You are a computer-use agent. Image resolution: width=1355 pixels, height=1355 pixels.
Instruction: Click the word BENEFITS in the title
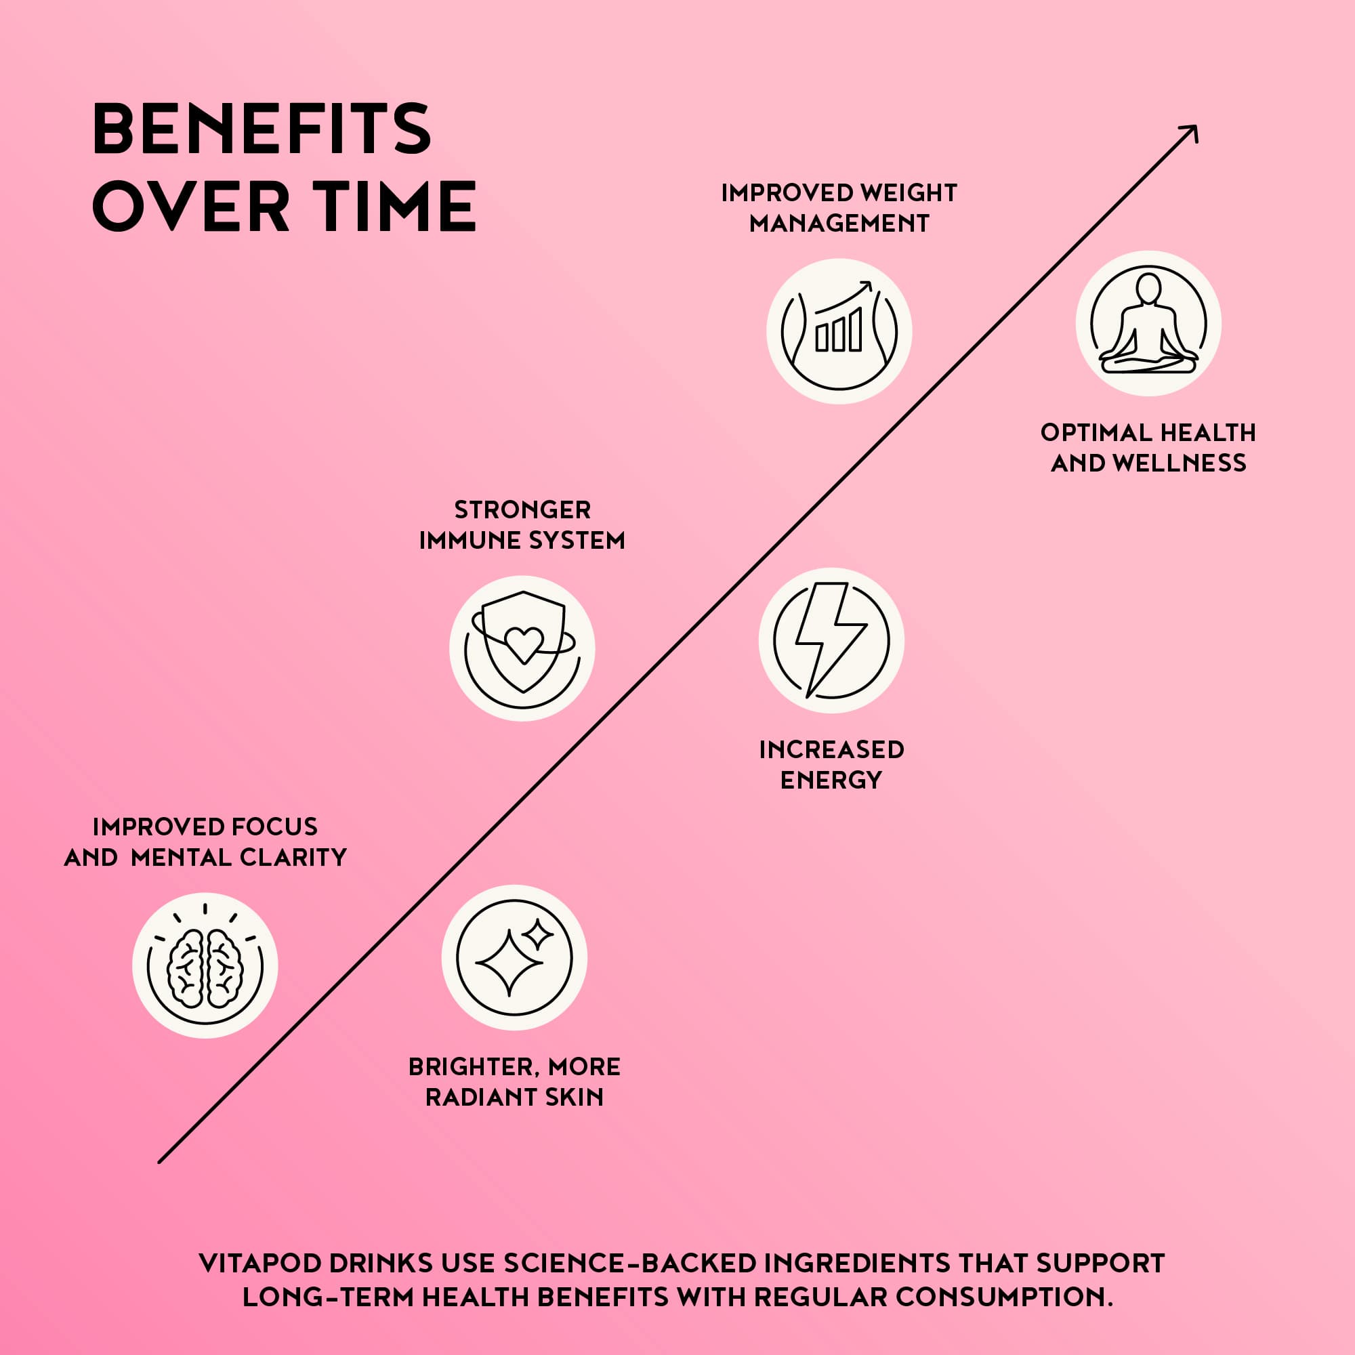tap(261, 128)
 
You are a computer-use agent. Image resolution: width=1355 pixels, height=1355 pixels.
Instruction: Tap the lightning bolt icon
tap(831, 640)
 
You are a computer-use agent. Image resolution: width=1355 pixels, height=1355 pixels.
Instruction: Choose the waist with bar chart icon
tap(839, 331)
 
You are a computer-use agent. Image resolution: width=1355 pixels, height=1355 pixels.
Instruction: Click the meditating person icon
tap(1149, 323)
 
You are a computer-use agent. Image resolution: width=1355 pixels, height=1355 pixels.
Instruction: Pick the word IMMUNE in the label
tap(470, 541)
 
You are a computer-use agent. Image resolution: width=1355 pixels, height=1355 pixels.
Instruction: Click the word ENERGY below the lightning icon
tap(831, 780)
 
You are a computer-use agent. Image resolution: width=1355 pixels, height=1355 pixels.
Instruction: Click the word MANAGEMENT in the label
tap(839, 223)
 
